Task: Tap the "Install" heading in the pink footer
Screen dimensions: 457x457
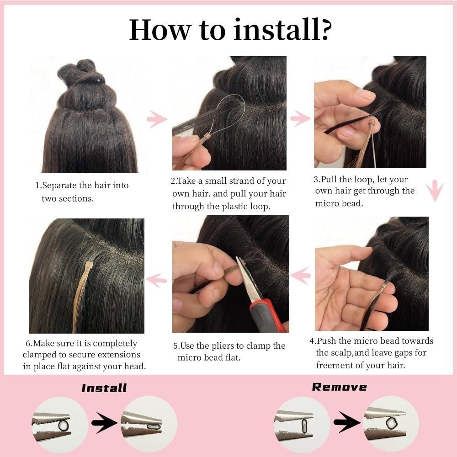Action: tap(104, 388)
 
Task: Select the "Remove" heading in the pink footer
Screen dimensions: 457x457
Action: tap(339, 387)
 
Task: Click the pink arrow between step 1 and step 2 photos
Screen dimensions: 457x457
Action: tap(157, 119)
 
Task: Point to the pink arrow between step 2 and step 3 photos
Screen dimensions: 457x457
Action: tap(301, 118)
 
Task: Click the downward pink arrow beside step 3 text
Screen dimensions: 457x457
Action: tap(435, 191)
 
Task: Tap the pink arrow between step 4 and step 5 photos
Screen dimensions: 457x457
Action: tap(301, 276)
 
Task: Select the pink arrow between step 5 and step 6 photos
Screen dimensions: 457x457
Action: tap(156, 280)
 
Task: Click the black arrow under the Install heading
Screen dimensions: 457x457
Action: tap(104, 422)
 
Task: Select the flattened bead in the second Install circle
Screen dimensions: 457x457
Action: tap(153, 427)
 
